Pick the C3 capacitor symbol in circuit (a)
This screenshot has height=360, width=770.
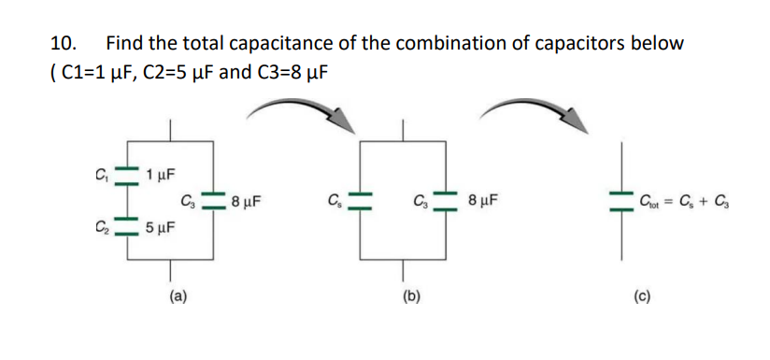pyautogui.click(x=216, y=199)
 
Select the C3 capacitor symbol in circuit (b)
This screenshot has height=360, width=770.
pyautogui.click(x=447, y=199)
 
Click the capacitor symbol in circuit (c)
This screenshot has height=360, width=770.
pyautogui.click(x=619, y=199)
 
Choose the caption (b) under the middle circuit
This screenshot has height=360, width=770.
pyautogui.click(x=409, y=296)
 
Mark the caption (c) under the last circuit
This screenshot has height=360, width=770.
pyautogui.click(x=641, y=296)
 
